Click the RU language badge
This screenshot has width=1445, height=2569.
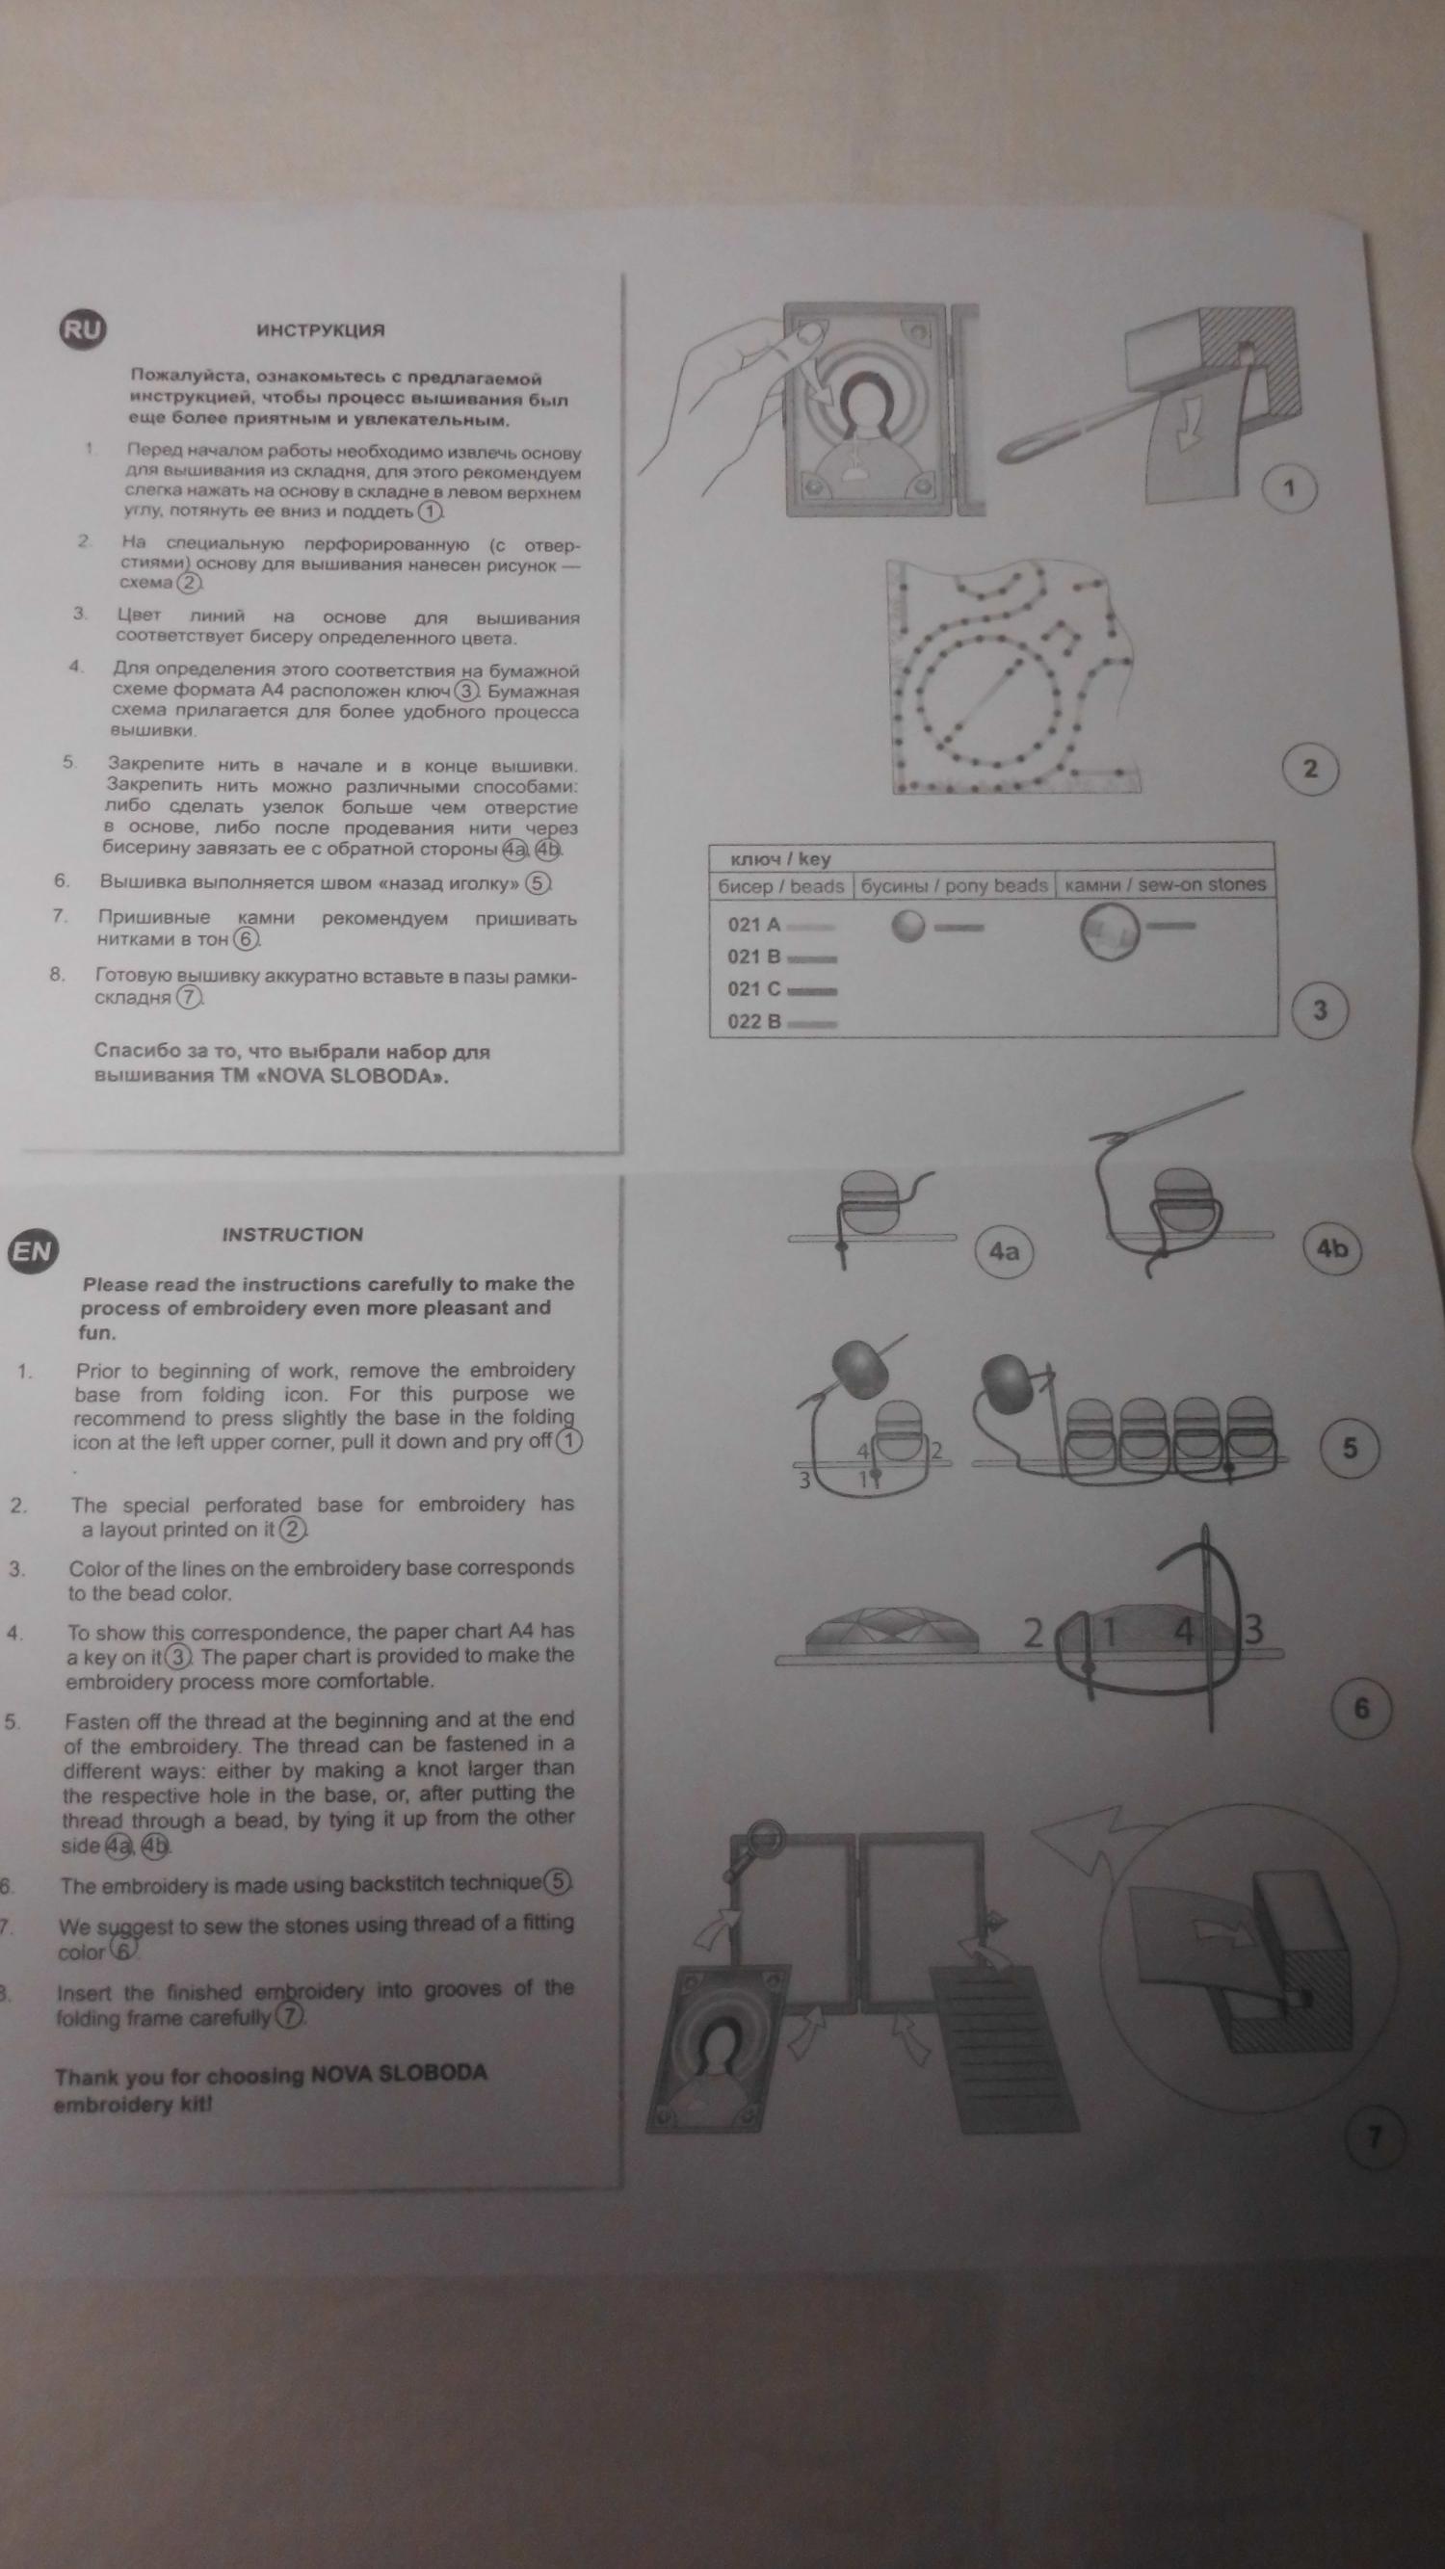[x=82, y=330]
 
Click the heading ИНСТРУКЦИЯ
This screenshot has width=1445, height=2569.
[x=320, y=330]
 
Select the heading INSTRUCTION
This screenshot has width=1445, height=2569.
[x=292, y=1234]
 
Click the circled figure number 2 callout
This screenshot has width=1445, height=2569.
[x=1309, y=768]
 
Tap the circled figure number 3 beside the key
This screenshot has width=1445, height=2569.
[x=1320, y=1009]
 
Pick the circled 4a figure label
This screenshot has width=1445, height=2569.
[x=1003, y=1250]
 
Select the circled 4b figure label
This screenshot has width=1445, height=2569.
[x=1332, y=1247]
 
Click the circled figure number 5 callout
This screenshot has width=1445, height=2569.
[x=1350, y=1447]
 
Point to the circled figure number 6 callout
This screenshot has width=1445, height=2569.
[x=1361, y=1710]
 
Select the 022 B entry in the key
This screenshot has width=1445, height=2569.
[x=754, y=1021]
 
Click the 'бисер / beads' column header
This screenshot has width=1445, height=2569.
[x=781, y=885]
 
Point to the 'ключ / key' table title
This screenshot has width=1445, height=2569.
[x=781, y=858]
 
